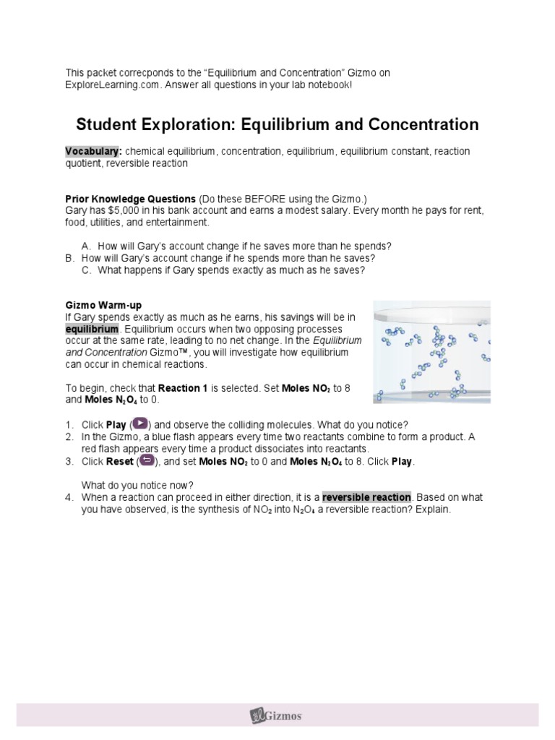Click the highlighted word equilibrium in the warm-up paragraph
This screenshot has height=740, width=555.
coord(92,330)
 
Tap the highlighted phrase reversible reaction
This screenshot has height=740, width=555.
coord(366,497)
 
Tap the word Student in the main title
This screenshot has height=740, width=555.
coord(109,124)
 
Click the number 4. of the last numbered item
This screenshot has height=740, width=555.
coord(69,497)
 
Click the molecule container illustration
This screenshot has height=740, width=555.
coord(431,352)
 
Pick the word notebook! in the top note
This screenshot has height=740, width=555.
coord(331,85)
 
